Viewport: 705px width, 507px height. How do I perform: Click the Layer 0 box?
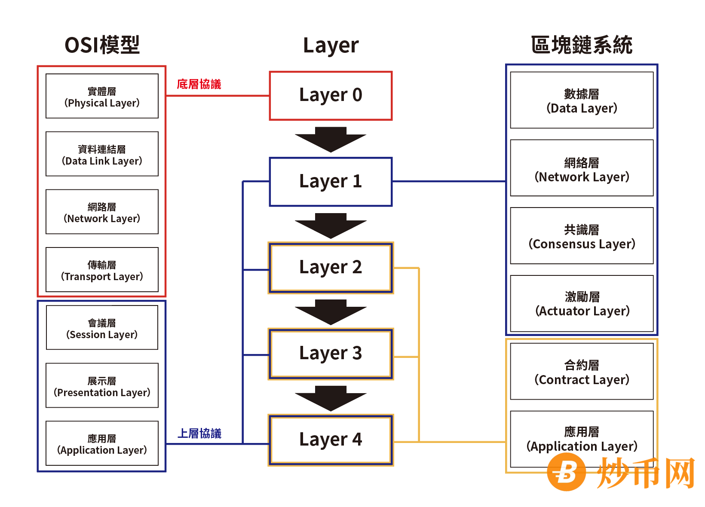pos(331,96)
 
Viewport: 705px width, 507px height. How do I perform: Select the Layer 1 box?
pos(331,182)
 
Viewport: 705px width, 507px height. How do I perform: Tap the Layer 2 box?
pos(331,268)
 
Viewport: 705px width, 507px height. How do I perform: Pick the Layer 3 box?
pos(331,354)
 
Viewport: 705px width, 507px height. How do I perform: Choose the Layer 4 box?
pos(331,440)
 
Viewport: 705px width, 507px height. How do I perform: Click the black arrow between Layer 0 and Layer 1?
pos(331,139)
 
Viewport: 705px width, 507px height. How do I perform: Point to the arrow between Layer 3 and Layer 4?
pos(331,397)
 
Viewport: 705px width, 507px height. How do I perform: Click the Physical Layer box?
pos(102,96)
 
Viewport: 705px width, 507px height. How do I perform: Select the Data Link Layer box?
pos(102,154)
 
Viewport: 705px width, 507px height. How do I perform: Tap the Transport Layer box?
pos(102,269)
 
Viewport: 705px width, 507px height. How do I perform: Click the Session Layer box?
pos(102,327)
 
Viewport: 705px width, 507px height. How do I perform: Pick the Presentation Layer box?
pos(102,385)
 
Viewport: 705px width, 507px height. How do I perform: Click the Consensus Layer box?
pos(582,236)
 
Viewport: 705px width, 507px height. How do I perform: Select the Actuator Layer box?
pos(582,303)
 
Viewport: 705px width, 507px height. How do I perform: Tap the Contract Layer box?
pos(582,371)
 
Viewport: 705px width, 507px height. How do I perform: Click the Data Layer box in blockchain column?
pos(582,100)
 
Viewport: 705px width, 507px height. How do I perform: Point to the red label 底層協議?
pos(199,84)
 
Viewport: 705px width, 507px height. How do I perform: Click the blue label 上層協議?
pos(199,433)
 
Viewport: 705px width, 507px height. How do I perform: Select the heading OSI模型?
pos(102,45)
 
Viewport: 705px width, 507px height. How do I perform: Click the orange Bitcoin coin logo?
pos(566,472)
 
